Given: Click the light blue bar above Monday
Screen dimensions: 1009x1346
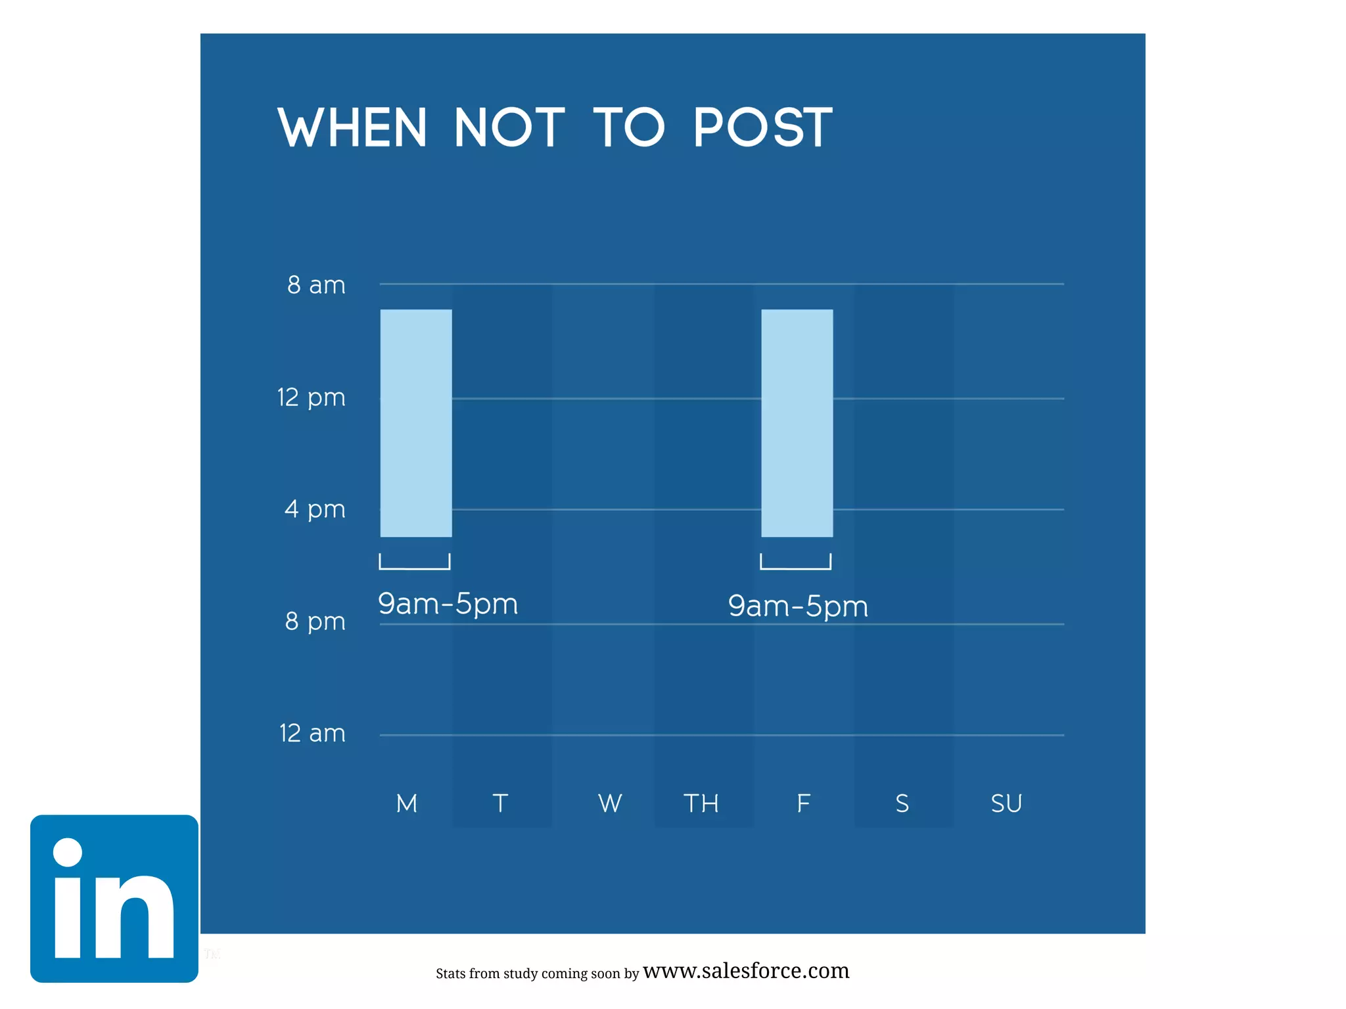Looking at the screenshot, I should pyautogui.click(x=416, y=423).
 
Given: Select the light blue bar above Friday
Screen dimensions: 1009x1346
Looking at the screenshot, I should pyautogui.click(x=797, y=423).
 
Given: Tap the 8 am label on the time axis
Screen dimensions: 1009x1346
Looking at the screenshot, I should pyautogui.click(x=316, y=285).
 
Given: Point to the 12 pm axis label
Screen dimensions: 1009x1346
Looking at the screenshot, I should pyautogui.click(x=312, y=397).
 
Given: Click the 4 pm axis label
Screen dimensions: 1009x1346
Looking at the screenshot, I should pyautogui.click(x=315, y=509).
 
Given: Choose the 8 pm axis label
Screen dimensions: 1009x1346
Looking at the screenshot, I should pyautogui.click(x=315, y=621).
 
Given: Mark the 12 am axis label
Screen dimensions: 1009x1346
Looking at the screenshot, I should pyautogui.click(x=312, y=733).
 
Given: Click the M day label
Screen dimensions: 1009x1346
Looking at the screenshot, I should pyautogui.click(x=407, y=803).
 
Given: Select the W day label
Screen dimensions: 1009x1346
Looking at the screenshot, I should pyautogui.click(x=610, y=803).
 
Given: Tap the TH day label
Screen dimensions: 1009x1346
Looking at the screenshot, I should pyautogui.click(x=701, y=803).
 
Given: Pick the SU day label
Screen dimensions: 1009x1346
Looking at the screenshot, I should pyautogui.click(x=1006, y=803).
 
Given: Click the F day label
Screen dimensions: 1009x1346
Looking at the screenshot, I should pyautogui.click(x=803, y=803).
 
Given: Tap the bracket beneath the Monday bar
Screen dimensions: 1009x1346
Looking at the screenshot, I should pyautogui.click(x=415, y=562).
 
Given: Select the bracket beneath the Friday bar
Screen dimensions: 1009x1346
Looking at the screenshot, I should pyautogui.click(x=796, y=562).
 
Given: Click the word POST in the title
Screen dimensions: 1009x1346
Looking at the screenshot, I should pyautogui.click(x=763, y=127).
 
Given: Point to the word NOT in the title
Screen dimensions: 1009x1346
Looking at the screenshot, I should pyautogui.click(x=509, y=127).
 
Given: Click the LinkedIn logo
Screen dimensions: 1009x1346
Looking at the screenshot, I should pyautogui.click(x=114, y=899).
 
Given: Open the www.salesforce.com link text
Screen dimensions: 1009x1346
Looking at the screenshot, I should pyautogui.click(x=746, y=971).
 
